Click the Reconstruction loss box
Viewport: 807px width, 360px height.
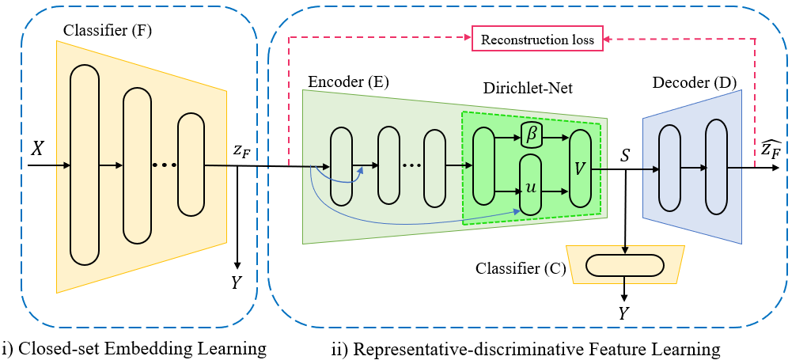(538, 37)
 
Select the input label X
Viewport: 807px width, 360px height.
(36, 149)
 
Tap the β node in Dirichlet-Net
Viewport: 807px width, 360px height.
(532, 136)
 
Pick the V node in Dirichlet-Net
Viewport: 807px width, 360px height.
(581, 167)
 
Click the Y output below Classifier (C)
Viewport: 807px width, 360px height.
(624, 314)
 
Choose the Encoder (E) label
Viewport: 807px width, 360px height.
(348, 81)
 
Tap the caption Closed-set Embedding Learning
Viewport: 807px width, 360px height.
(134, 347)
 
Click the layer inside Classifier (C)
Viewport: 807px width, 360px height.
(625, 265)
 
